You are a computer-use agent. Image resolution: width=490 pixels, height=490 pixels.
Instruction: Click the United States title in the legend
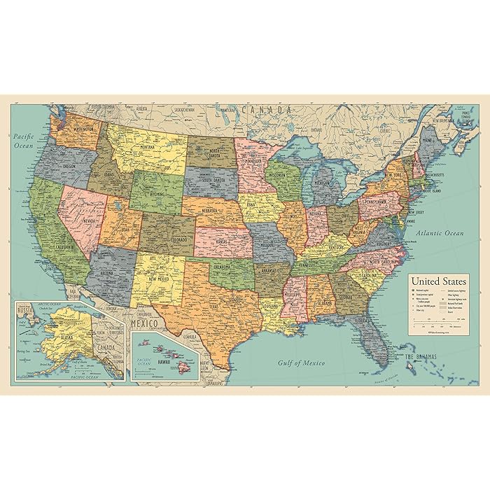click(x=438, y=281)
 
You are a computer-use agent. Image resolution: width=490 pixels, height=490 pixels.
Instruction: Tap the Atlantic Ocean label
click(x=439, y=232)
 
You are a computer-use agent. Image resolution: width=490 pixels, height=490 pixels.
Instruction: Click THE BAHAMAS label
click(x=421, y=358)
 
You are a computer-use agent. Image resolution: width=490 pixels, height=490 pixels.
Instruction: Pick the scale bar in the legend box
click(x=439, y=323)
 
